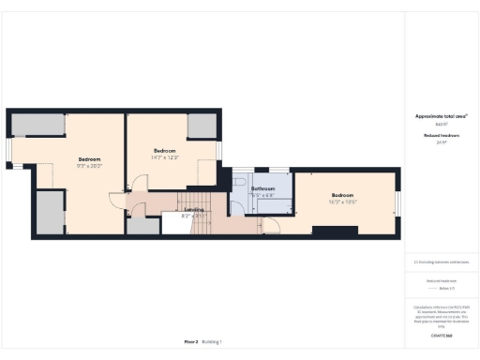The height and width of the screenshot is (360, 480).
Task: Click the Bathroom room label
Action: click(262, 188)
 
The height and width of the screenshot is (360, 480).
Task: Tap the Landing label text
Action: click(194, 210)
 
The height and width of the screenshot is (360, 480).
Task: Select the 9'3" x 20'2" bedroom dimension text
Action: click(89, 165)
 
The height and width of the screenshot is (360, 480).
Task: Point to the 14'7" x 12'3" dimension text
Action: click(166, 157)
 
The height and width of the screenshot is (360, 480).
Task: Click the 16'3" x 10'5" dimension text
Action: click(343, 202)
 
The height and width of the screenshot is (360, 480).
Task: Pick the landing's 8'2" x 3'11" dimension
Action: click(194, 217)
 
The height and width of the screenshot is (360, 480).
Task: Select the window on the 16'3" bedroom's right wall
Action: click(397, 202)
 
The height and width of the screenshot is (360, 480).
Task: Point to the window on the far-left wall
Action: click(8, 150)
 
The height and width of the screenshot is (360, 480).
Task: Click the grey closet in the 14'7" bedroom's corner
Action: click(202, 126)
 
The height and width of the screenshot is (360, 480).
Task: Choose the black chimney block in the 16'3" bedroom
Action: click(328, 230)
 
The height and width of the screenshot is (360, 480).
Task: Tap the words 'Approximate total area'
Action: click(441, 116)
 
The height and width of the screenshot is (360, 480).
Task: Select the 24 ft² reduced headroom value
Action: click(441, 142)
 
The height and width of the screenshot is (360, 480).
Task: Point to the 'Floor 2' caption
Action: click(191, 341)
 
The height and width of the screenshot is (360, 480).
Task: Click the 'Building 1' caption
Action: click(214, 341)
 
